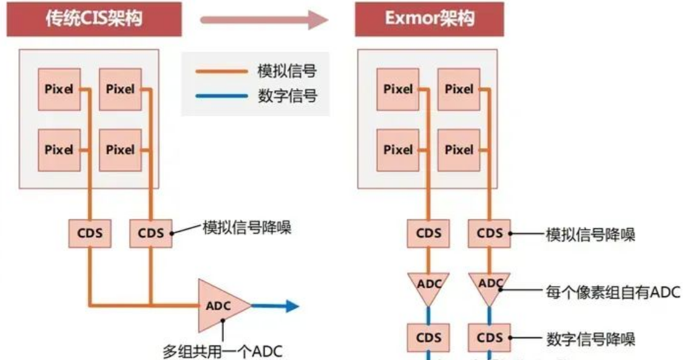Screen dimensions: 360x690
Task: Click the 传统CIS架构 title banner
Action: pyautogui.click(x=94, y=18)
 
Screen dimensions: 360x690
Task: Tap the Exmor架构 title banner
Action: pyautogui.click(x=429, y=18)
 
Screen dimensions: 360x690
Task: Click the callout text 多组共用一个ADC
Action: pyautogui.click(x=223, y=352)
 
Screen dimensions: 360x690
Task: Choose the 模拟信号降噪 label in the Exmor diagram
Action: pyautogui.click(x=590, y=234)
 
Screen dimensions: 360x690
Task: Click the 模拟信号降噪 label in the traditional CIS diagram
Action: pyautogui.click(x=246, y=229)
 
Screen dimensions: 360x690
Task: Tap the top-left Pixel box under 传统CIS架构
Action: pyautogui.click(x=59, y=89)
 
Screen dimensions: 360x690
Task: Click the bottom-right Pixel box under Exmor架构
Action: pyautogui.click(x=459, y=150)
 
